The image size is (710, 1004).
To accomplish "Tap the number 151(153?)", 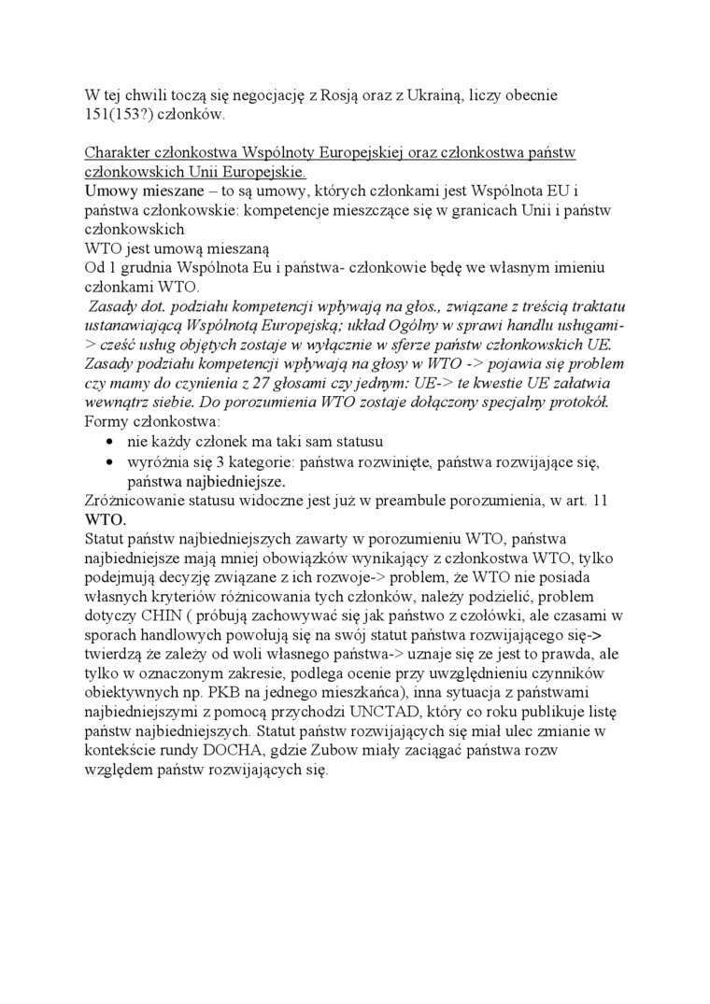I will (119, 115).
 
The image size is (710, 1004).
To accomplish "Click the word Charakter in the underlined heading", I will (119, 152).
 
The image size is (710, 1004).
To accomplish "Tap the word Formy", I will (106, 422).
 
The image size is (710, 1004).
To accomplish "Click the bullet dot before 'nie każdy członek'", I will (113, 443).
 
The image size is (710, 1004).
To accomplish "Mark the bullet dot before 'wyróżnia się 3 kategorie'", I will (113, 462).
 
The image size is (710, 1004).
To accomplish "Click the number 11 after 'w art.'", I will (601, 502).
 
